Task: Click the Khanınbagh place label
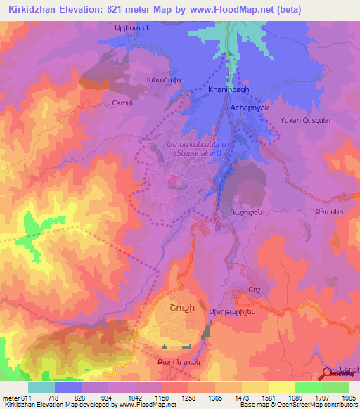[229, 91]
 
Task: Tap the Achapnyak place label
[250, 108]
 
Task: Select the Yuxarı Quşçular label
[304, 120]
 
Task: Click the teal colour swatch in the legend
[41, 387]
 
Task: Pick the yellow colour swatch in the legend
[281, 387]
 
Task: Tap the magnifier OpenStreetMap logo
[327, 373]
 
